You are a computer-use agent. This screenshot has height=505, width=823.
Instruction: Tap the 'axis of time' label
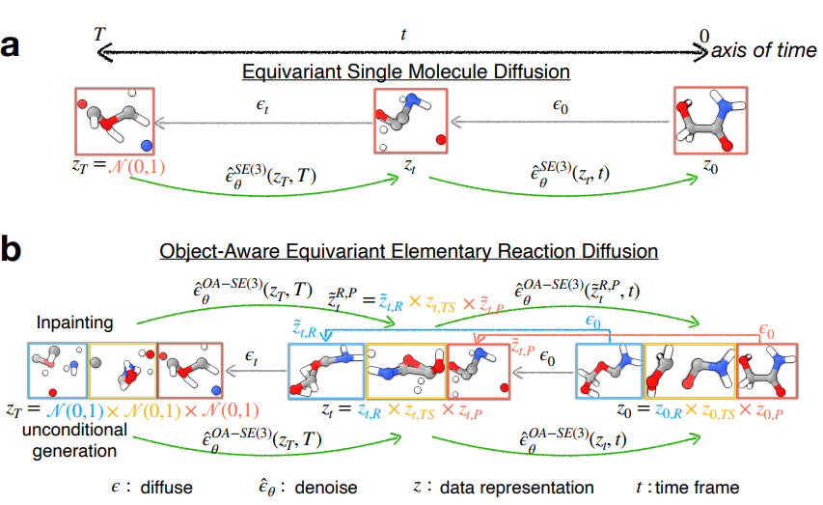click(x=763, y=51)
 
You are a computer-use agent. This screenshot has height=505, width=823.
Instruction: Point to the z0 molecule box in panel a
click(x=710, y=121)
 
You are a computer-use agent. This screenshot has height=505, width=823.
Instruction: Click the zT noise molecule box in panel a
click(x=112, y=121)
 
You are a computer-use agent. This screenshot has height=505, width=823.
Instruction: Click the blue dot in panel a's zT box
click(x=147, y=145)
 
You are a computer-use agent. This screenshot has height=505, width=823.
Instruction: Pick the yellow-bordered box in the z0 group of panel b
click(x=689, y=371)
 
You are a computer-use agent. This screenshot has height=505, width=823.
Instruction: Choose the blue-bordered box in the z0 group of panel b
click(x=608, y=371)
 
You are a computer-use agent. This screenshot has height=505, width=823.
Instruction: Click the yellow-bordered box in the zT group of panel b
click(x=122, y=371)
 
